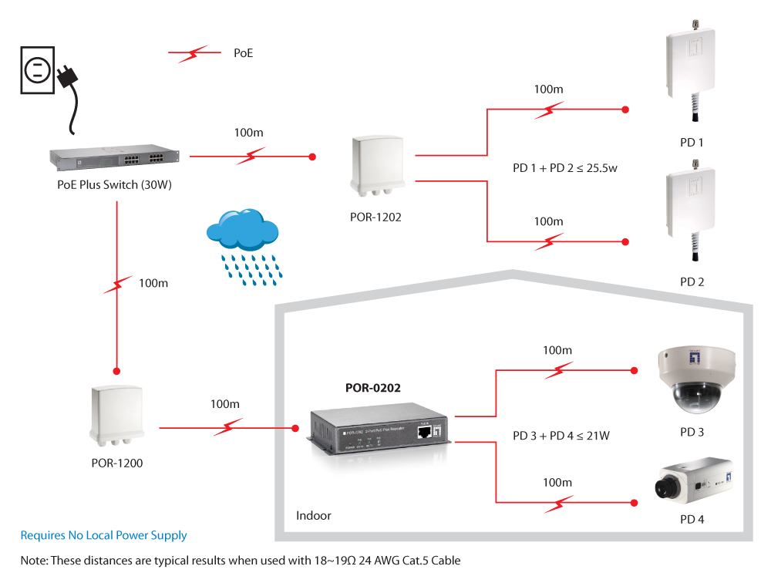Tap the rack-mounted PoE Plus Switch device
[x=114, y=157]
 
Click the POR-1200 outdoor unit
[x=116, y=416]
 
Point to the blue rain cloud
[x=241, y=232]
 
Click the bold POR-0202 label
[x=372, y=388]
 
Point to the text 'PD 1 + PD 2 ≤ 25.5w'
[x=565, y=168]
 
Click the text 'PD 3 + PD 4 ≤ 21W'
[x=561, y=436]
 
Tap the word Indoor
[x=314, y=515]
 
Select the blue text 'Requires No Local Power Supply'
[x=103, y=535]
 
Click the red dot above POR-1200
[x=116, y=369]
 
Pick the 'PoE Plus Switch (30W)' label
[x=113, y=184]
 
